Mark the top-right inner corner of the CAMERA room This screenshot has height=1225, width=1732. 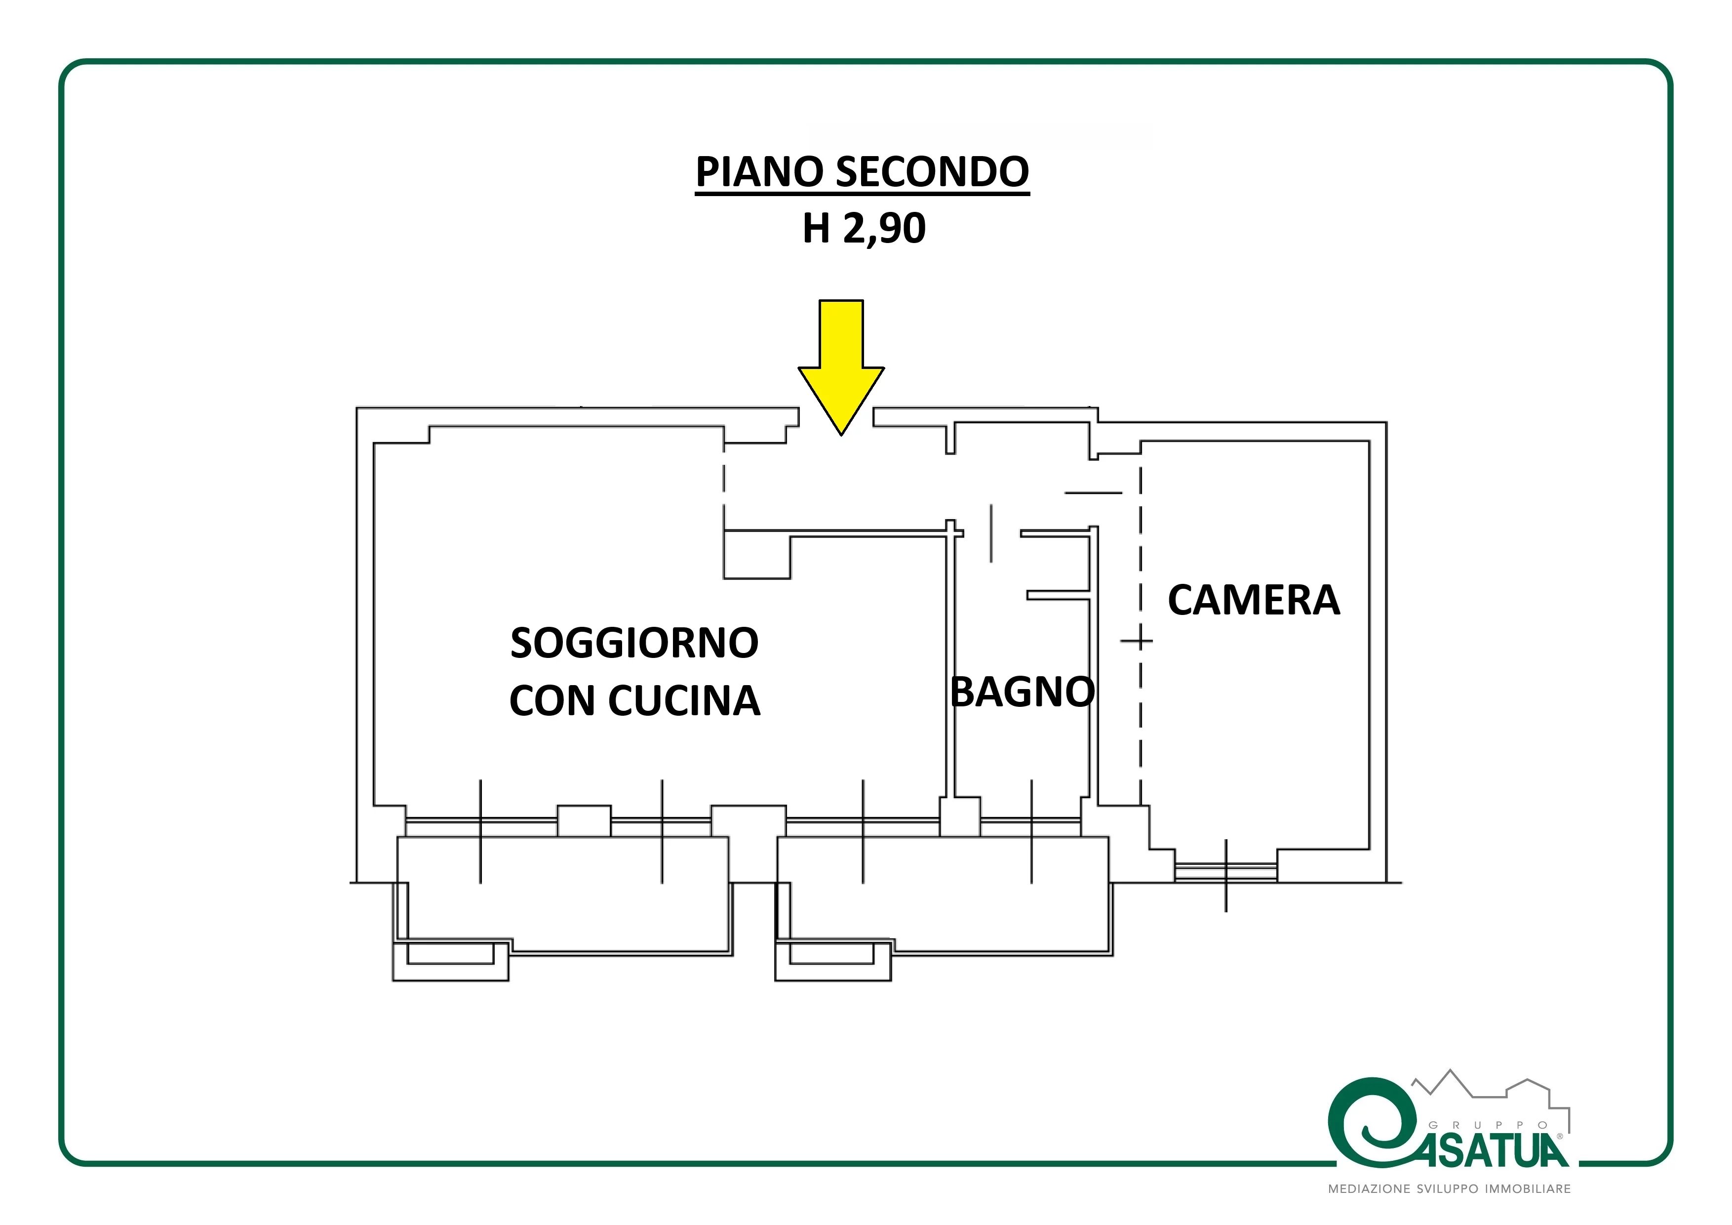[x=1369, y=442]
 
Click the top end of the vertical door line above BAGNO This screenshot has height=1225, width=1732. [x=991, y=504]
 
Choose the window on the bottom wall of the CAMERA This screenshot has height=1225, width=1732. [x=1226, y=872]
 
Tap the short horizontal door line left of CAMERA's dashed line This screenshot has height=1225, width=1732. [x=1093, y=493]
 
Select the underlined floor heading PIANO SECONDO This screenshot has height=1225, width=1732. [x=862, y=173]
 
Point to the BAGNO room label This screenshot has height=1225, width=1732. [x=1022, y=692]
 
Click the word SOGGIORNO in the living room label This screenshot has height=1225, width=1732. [x=634, y=643]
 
